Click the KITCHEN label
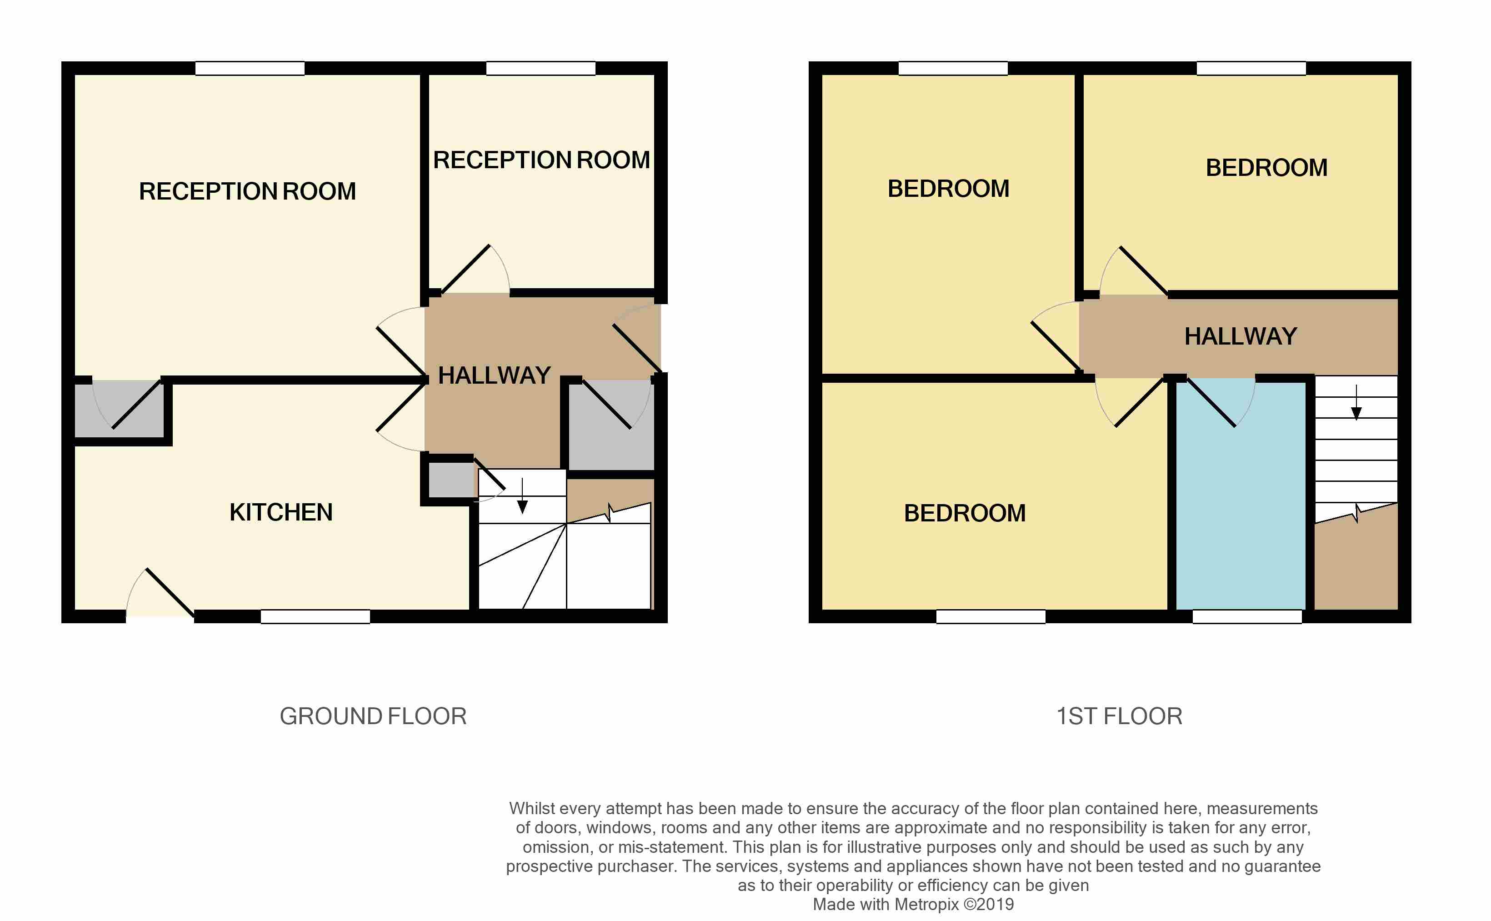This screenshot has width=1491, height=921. pos(281,512)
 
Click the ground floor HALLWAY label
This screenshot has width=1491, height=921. pos(494,375)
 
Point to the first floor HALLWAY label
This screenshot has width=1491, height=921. pos(1240,336)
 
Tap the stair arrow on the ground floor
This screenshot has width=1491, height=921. pos(522,496)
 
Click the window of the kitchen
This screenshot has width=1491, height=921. pos(315,616)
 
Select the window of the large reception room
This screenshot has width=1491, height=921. pos(250,68)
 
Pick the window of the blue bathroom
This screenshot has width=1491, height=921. pos(1247,616)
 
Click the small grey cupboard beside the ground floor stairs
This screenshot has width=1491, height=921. pos(451,480)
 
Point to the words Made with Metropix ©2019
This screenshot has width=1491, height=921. pos(913,904)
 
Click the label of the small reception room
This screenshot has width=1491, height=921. pos(541,160)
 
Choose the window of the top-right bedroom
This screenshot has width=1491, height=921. pos(1251,68)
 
